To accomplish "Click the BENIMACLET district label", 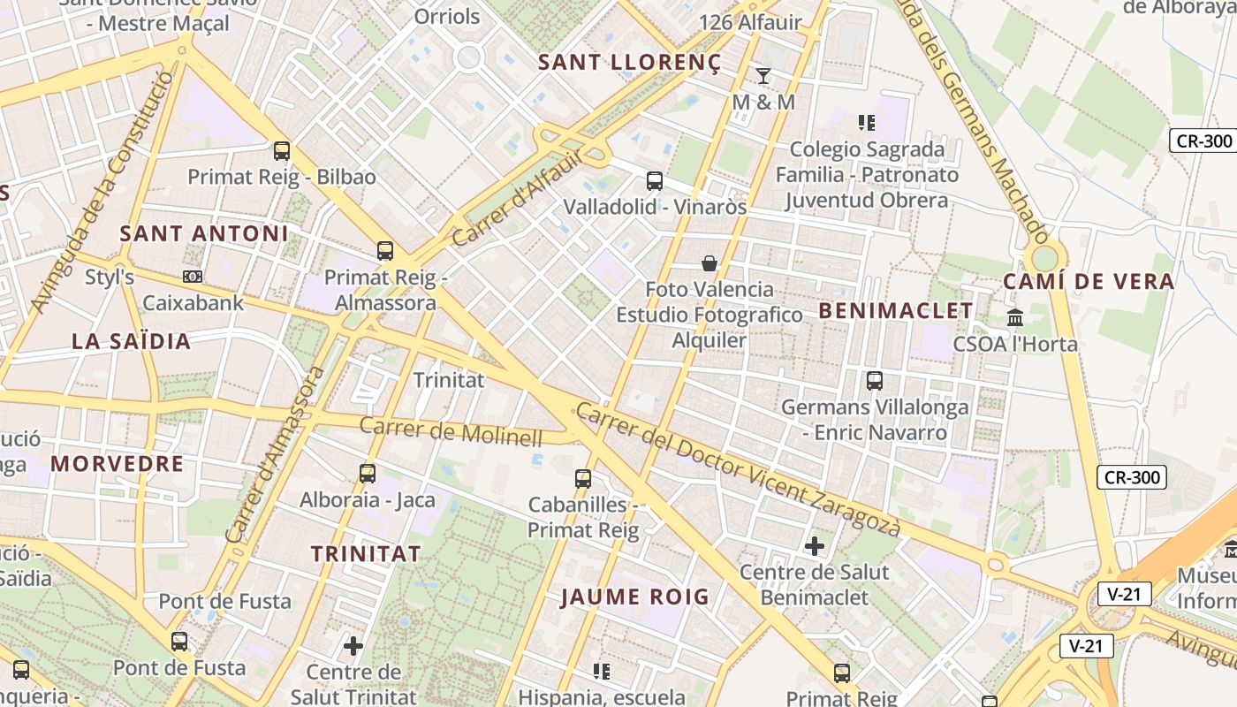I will (x=895, y=310).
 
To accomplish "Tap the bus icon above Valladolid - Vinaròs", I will (x=655, y=181).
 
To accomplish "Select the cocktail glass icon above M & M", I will (x=763, y=76).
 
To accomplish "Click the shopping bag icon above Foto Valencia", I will (x=709, y=263).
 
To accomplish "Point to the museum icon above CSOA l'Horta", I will (x=1015, y=316).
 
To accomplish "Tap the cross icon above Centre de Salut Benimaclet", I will (x=815, y=546).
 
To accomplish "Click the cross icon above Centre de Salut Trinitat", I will (x=353, y=646).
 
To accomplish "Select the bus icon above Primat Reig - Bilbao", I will (x=282, y=151).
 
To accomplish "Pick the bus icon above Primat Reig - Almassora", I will (x=385, y=251).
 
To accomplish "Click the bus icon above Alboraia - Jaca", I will (x=368, y=474).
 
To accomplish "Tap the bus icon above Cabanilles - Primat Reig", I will (x=583, y=479).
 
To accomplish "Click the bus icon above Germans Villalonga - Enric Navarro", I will (x=875, y=381).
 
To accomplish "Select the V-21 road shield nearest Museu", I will (x=1124, y=594).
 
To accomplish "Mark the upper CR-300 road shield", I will (x=1203, y=141).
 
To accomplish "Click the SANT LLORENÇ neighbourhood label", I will (x=629, y=62).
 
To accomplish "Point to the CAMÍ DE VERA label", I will (x=1089, y=282).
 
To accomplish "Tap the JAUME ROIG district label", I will (x=635, y=597).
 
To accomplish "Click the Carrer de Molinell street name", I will (x=451, y=431).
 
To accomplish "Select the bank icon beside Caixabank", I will (x=192, y=277).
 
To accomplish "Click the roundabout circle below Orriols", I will (x=468, y=58).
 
